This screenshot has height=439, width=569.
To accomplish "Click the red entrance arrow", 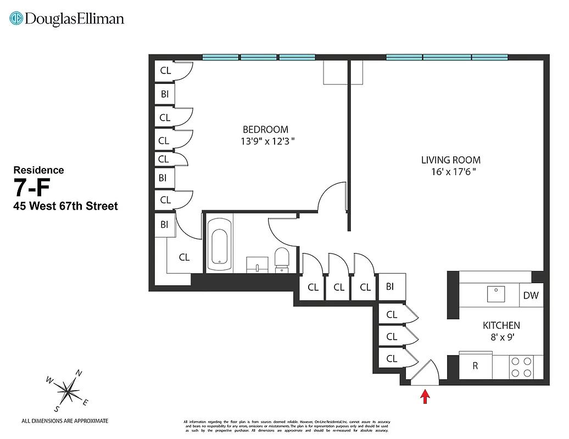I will pos(425,396).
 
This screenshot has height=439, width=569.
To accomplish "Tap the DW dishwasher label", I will pos(531,296).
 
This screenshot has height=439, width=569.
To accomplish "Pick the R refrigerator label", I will pos(476,366).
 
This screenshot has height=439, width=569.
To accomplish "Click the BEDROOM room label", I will pos(265,130).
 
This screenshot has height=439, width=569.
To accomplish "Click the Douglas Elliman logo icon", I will pos(16,19).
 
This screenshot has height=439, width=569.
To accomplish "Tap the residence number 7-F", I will pos(32,188).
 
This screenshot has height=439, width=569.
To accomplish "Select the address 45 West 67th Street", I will pos(65,207).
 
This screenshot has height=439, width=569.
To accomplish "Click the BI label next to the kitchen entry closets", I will pos(390,286).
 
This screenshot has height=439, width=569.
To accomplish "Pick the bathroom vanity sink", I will pos(256,264).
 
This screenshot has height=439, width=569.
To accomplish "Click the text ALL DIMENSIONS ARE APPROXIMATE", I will pos(65,421).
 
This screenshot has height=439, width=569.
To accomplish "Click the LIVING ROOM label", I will pos(450,160).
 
